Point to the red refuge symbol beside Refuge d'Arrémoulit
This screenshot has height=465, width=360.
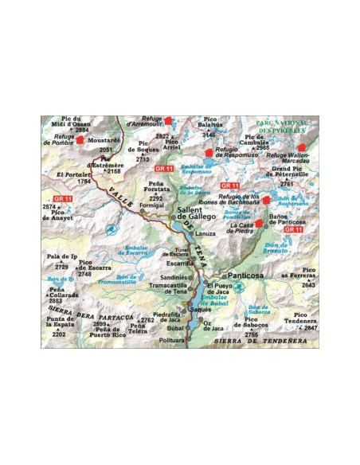click(179, 122)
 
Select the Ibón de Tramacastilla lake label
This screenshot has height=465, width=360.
click(115, 279)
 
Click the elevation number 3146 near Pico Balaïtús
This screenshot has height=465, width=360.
click(209, 135)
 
